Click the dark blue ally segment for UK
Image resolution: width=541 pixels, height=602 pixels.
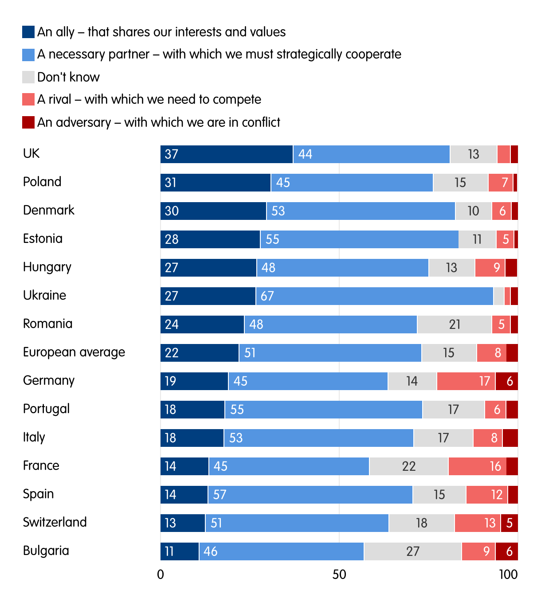226,154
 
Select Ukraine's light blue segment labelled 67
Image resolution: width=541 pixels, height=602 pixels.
374,296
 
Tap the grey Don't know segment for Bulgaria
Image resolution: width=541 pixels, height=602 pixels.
412,551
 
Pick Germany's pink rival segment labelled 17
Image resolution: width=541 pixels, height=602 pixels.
466,381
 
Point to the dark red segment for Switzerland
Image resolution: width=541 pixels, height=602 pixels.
509,523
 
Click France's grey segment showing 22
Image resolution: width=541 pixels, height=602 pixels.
408,466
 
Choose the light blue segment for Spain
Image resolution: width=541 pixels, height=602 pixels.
310,495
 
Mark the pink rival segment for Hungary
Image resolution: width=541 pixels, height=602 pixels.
490,268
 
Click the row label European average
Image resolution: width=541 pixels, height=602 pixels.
74,352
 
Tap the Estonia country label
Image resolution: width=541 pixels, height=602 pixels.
43,238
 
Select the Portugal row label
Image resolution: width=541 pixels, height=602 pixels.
46,409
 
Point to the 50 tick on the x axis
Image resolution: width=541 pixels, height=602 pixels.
339,575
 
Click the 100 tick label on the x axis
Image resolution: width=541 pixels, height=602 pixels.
508,575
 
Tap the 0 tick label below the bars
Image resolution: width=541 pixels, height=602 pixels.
161,575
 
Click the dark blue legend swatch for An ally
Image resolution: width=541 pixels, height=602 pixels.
28,32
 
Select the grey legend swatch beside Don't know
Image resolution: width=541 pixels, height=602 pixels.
28,77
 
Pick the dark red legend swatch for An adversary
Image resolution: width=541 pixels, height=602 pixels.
28,122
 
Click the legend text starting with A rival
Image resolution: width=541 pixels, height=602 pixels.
149,99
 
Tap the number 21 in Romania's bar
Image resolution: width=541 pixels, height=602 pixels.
455,324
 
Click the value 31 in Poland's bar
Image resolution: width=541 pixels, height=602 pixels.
171,183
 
